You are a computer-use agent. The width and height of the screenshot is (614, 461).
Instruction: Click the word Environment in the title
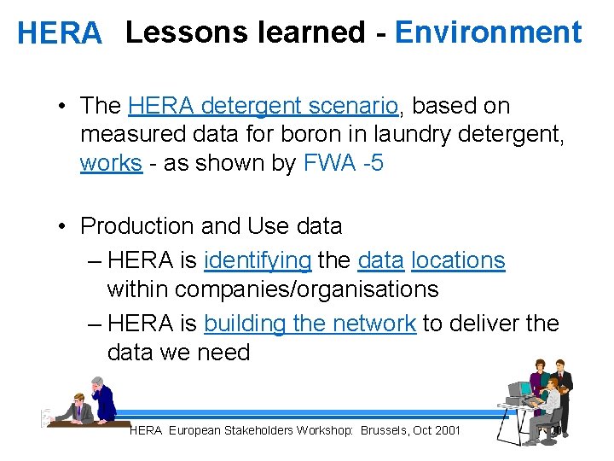488,32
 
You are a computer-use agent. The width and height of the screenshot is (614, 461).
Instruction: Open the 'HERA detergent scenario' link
264,106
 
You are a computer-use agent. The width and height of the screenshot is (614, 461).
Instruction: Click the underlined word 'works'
111,163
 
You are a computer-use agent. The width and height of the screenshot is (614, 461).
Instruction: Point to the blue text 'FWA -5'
343,163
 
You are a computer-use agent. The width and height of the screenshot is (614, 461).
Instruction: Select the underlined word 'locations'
457,260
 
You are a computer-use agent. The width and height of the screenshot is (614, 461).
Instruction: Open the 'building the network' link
310,324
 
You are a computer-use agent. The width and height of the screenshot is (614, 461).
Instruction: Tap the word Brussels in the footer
384,430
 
